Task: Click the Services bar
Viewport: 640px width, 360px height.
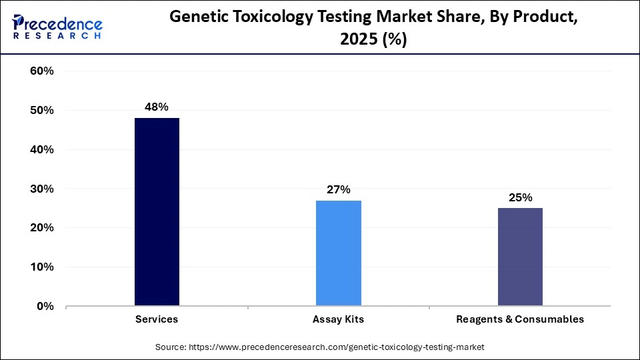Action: click(157, 212)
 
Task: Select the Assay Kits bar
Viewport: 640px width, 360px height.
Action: click(339, 253)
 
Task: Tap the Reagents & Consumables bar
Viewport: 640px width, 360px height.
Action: click(520, 257)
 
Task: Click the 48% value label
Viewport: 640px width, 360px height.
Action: click(157, 107)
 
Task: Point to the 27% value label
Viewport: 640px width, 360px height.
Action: click(339, 189)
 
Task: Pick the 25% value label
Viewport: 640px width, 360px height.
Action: click(520, 197)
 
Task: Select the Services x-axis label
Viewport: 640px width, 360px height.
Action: click(157, 319)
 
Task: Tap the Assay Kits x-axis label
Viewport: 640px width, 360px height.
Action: click(339, 319)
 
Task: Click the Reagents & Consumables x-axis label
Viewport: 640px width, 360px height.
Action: click(520, 319)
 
